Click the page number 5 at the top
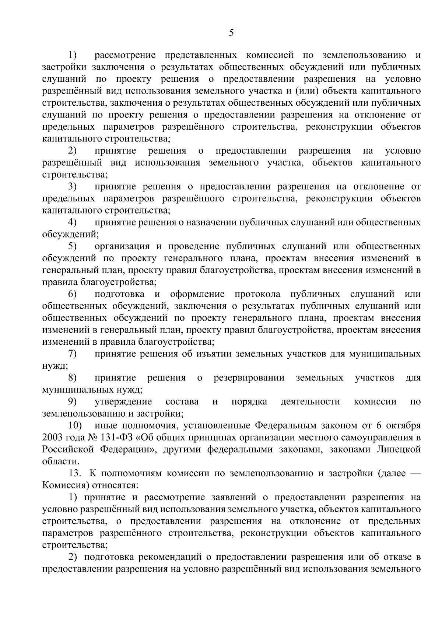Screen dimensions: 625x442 [231, 33]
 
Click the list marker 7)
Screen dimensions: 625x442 [72, 354]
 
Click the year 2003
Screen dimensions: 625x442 [53, 438]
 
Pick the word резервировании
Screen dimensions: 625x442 [249, 378]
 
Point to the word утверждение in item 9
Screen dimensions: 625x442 [123, 402]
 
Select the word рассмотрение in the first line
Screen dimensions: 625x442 [125, 55]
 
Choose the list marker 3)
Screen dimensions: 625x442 [72, 187]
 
